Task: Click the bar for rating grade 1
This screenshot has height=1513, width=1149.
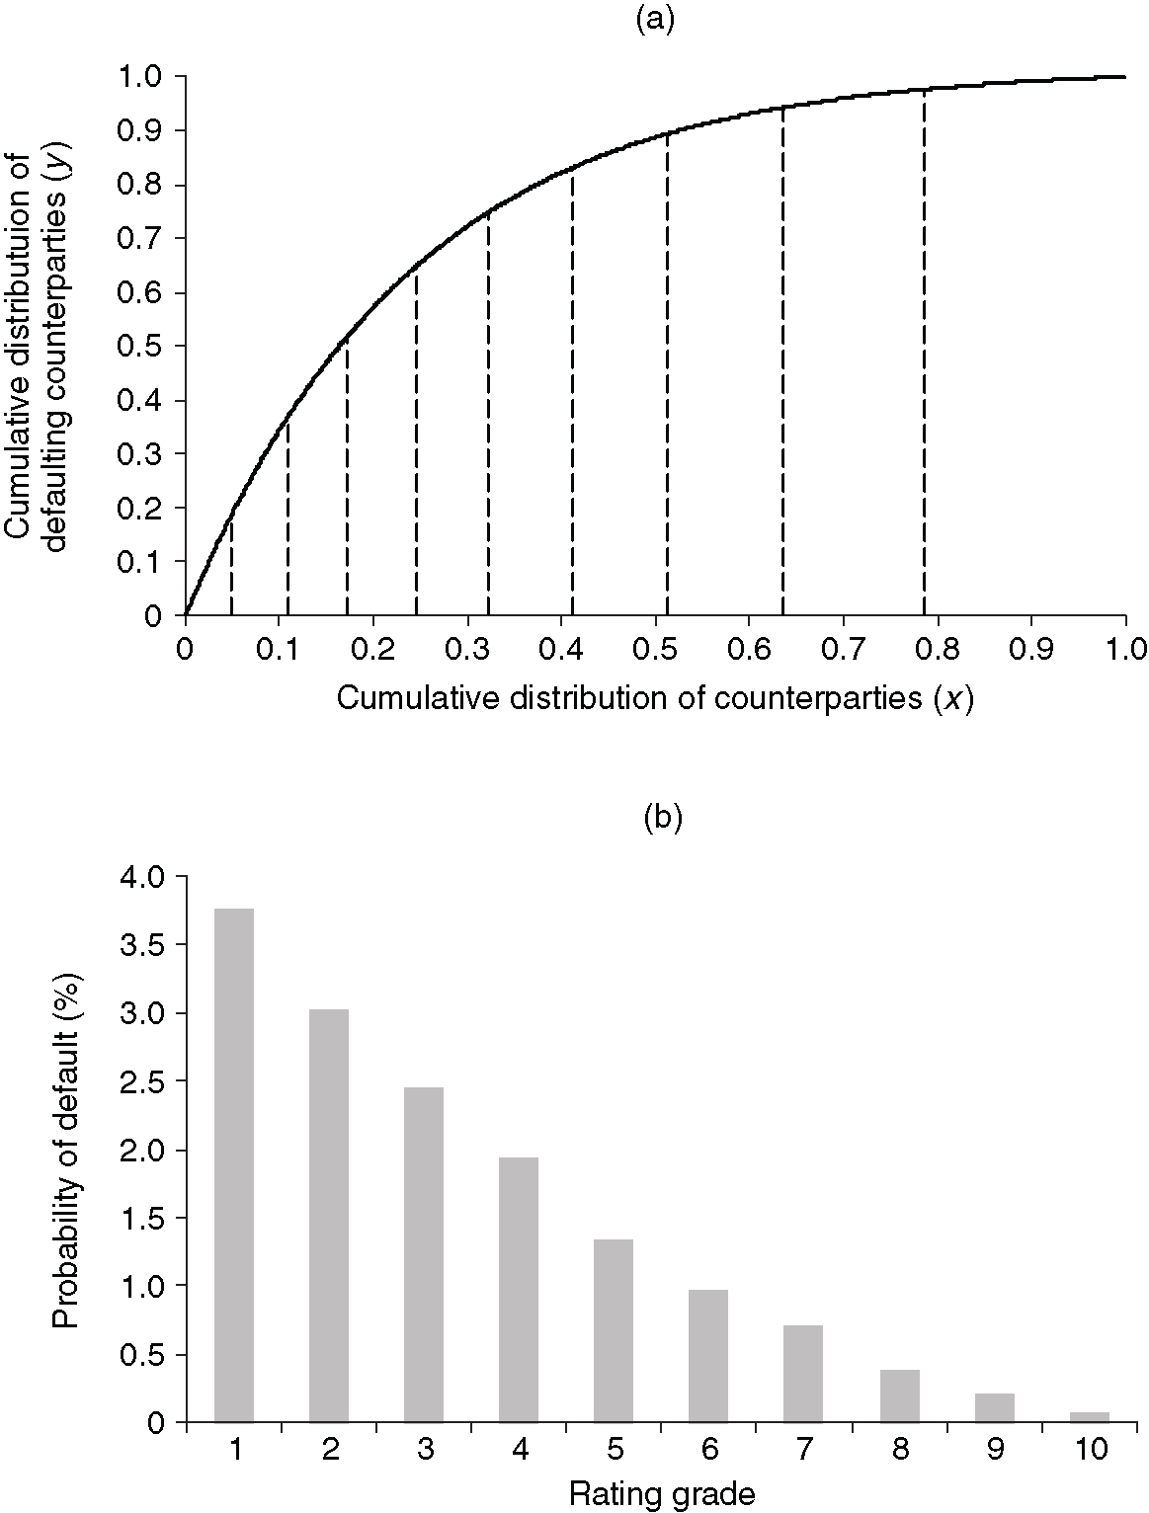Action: click(234, 1165)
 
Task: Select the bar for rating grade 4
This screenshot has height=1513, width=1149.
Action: click(519, 1289)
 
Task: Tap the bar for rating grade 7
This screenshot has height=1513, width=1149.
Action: click(803, 1373)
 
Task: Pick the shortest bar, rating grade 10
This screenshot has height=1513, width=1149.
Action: click(1089, 1417)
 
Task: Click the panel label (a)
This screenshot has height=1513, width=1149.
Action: click(654, 20)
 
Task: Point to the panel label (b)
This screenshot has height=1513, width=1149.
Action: click(662, 819)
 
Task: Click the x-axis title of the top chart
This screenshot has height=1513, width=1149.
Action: click(655, 698)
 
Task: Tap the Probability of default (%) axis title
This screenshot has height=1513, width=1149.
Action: click(66, 1151)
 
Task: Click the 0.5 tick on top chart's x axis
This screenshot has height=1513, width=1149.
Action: click(654, 648)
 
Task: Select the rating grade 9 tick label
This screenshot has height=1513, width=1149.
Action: click(994, 1450)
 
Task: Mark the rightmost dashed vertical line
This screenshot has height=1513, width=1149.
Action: click(924, 356)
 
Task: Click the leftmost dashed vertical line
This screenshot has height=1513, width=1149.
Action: click(231, 563)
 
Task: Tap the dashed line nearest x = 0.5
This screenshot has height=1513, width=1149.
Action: click(667, 375)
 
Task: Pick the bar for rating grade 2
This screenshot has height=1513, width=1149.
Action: click(329, 1215)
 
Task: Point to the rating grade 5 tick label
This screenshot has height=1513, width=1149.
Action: click(614, 1450)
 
